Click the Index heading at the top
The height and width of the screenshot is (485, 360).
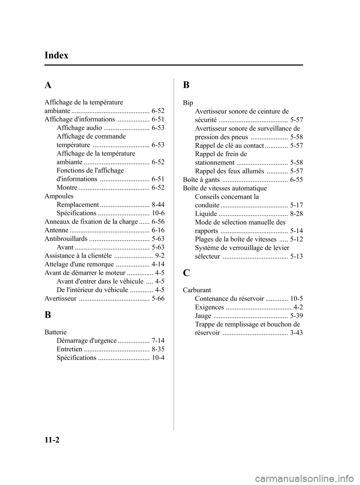click(x=56, y=56)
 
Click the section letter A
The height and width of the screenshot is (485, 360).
click(x=48, y=85)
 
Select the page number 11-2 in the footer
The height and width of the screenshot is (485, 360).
click(x=52, y=440)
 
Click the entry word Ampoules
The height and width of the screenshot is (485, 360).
click(x=59, y=196)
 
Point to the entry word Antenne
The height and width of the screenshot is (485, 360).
click(x=56, y=230)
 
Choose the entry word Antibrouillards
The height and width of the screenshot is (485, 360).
click(x=66, y=239)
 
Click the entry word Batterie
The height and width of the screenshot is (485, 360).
click(x=55, y=332)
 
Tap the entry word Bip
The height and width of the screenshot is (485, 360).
click(x=188, y=103)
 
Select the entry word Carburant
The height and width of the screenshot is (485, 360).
click(x=197, y=290)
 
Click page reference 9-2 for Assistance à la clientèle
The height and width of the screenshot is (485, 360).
click(x=159, y=256)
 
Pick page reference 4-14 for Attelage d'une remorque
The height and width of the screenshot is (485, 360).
click(x=157, y=264)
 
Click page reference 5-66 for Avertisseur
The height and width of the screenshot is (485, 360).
click(x=158, y=299)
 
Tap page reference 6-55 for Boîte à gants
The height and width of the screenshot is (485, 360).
click(x=296, y=180)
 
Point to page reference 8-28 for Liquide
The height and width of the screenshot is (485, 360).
click(x=296, y=214)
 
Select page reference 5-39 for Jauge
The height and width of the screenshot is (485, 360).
click(x=296, y=316)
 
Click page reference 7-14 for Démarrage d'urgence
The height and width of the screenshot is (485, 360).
click(x=158, y=341)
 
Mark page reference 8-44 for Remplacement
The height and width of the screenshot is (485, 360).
click(x=158, y=205)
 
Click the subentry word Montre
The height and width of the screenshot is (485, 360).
click(x=67, y=188)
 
